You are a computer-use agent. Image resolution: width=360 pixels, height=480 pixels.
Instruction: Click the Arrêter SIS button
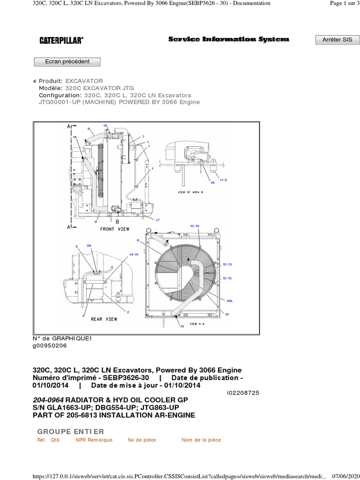pos(337,40)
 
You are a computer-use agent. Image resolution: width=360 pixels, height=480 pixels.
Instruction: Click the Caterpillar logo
pos(61,41)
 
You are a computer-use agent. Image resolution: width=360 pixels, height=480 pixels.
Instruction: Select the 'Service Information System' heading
pos(229,40)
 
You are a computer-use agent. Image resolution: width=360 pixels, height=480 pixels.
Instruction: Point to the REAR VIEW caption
pos(104,319)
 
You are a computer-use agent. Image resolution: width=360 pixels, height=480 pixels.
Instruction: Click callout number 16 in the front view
pos(75,136)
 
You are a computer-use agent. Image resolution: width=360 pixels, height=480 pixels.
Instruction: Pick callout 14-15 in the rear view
pos(134,255)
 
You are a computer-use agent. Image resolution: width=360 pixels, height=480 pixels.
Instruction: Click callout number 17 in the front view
pos(157,220)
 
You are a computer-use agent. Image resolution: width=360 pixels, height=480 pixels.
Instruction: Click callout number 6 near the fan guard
pos(138,240)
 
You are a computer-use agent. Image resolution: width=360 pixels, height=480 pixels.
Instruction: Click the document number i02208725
pos(242,392)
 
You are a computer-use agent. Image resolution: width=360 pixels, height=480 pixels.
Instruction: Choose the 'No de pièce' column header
pos(142,440)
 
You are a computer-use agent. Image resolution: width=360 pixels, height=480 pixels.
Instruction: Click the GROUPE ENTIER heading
pos(70,431)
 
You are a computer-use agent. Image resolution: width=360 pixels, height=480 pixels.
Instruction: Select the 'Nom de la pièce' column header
pos(201,440)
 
